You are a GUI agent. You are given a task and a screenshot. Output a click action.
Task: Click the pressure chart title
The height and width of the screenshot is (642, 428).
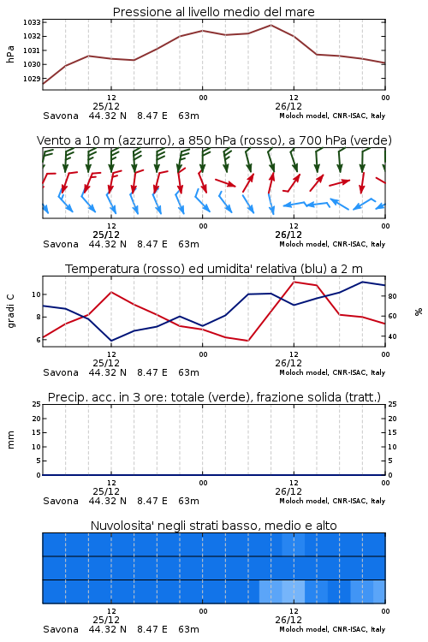(213, 12)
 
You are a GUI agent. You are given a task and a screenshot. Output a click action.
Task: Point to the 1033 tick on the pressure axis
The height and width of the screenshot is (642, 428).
(32, 22)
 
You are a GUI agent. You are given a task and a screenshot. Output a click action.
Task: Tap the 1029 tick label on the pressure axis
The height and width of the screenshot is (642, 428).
(32, 79)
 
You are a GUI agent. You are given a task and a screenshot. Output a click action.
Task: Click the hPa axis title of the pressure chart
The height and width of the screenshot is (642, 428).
(10, 54)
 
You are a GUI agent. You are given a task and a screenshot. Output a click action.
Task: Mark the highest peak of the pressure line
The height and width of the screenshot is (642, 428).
(270, 25)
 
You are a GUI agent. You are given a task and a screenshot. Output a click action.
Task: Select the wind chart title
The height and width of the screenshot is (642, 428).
(214, 140)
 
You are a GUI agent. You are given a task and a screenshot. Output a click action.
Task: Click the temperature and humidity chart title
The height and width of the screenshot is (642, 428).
(214, 269)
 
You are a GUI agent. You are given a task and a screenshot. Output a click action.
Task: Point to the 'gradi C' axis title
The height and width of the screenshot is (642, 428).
(11, 311)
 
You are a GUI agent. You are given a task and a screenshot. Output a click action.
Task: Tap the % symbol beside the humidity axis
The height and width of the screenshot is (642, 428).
(419, 312)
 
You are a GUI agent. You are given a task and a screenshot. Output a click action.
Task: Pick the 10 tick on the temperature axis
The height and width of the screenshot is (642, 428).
(37, 294)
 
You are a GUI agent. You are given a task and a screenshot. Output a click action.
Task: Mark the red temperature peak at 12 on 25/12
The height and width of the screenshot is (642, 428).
(111, 292)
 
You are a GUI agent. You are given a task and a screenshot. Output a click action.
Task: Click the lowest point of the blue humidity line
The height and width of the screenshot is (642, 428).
(111, 341)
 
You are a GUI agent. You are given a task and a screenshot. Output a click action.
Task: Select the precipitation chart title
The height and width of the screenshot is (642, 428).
(214, 397)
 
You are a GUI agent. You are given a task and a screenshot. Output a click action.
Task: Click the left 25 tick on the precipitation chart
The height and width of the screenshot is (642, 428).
(37, 404)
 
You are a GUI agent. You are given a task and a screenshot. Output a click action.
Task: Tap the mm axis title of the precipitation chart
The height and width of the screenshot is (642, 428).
(11, 440)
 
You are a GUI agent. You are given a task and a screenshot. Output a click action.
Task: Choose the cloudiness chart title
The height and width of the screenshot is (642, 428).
(213, 526)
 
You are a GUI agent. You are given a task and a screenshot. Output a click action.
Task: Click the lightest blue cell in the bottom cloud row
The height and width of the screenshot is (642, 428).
(294, 591)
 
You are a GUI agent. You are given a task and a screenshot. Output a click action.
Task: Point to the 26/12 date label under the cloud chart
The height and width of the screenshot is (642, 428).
(288, 620)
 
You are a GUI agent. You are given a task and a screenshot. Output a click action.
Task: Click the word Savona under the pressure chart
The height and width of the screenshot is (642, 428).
(61, 116)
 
